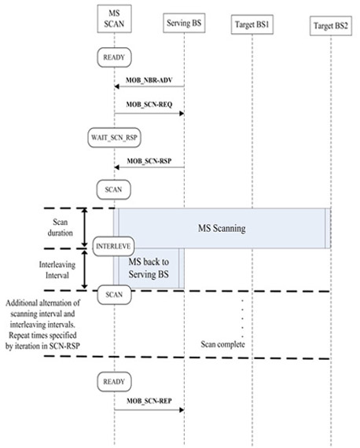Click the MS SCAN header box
(114, 19)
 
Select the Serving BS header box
(184, 23)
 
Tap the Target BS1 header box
(252, 24)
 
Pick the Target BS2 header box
(331, 26)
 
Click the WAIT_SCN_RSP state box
(114, 138)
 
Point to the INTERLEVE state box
(113, 246)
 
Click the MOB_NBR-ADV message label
(149, 80)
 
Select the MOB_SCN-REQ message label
(149, 105)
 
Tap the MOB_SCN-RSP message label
(149, 161)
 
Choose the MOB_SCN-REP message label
(149, 401)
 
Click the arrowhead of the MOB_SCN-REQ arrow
(182, 114)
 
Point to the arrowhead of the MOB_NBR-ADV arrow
(116, 86)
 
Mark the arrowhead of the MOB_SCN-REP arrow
(182, 410)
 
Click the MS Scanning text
(222, 228)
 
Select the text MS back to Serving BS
(149, 268)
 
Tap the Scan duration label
(60, 227)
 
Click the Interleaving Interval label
(57, 270)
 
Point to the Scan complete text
(223, 344)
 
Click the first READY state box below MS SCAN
(114, 57)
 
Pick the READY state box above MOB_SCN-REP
(114, 382)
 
